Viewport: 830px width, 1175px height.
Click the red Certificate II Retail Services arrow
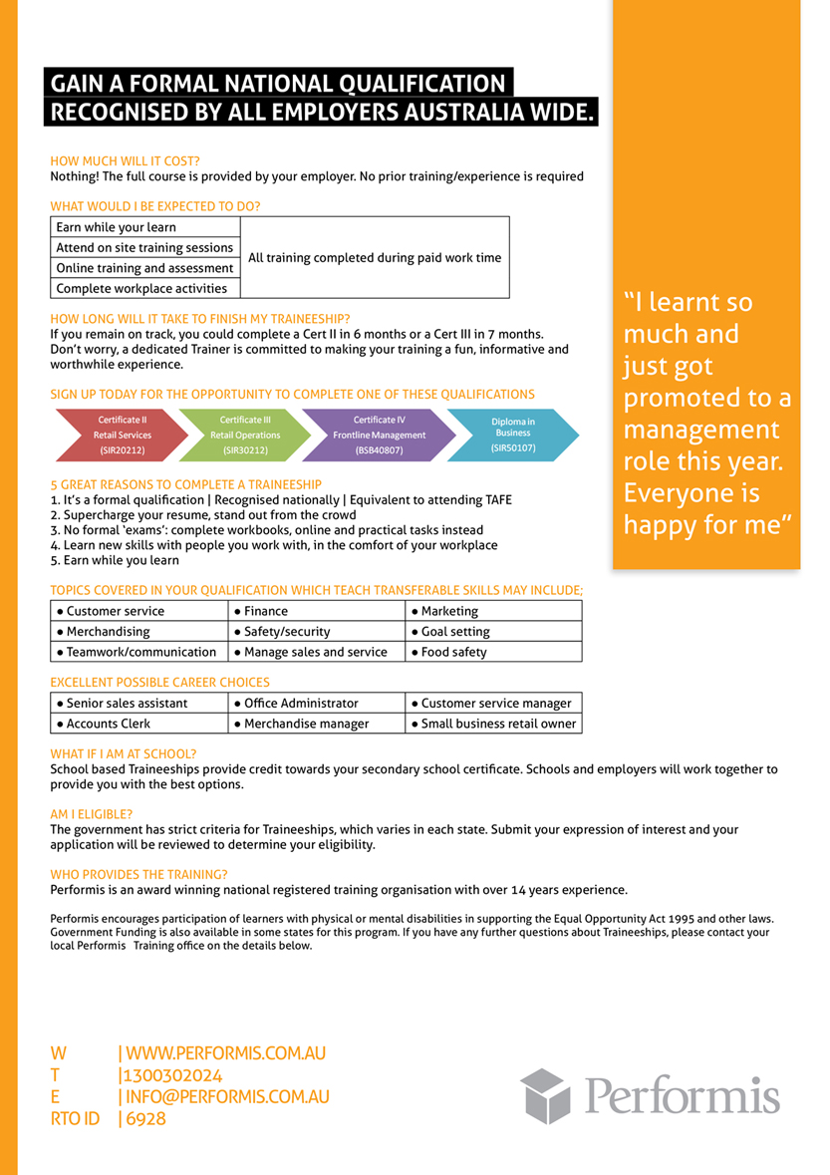122,436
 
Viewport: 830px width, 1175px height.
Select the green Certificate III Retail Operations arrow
245,436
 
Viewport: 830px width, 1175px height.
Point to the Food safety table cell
494,652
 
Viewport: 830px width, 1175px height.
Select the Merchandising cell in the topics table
139,631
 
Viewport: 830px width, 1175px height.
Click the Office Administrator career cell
316,704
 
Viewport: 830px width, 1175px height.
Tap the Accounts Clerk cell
139,724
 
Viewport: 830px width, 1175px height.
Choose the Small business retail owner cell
494,724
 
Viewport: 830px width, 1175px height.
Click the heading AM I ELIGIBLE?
91,814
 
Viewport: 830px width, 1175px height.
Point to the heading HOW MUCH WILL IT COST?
125,160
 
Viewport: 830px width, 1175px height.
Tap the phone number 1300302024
172,1075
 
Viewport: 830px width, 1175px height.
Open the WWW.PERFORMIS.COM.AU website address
226,1053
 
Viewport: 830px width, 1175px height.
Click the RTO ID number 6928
145,1119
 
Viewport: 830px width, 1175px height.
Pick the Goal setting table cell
494,631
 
